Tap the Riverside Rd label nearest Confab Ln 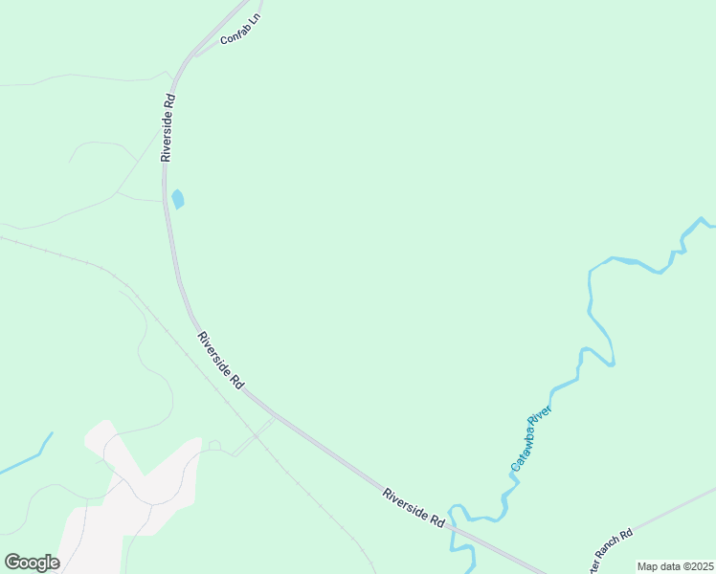(168, 126)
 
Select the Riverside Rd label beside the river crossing (414, 507)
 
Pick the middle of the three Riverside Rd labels (219, 360)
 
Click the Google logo (32, 563)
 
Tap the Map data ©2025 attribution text (674, 566)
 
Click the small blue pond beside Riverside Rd (178, 199)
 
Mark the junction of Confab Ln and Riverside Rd (195, 54)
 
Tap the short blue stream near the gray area (27, 456)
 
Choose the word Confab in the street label (235, 35)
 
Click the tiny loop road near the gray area (214, 445)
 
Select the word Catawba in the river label (524, 453)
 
